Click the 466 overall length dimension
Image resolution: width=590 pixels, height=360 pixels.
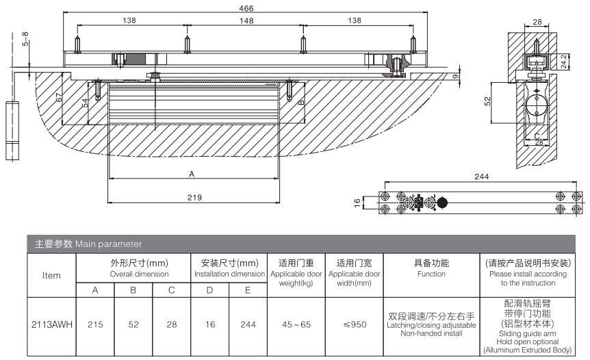(246, 8)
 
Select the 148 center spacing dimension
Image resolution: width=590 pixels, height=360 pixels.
(246, 21)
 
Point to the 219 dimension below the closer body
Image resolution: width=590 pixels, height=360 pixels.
(194, 197)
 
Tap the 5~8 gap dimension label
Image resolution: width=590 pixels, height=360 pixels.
(25, 39)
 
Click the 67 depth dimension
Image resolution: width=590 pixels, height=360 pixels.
(59, 97)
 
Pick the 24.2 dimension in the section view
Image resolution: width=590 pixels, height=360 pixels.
(563, 62)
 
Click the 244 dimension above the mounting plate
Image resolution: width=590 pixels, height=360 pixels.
(481, 177)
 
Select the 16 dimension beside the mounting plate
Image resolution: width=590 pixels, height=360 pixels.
(357, 203)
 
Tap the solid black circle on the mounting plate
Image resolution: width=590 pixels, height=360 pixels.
(441, 203)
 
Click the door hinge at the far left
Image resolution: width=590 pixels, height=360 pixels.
(12, 131)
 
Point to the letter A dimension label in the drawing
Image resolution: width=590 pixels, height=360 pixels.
(192, 174)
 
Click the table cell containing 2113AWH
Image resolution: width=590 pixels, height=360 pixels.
(51, 324)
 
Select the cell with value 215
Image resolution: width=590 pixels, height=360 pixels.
(95, 324)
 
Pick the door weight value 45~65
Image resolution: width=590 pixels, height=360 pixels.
(296, 324)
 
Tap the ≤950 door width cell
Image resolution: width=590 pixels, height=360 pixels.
(355, 324)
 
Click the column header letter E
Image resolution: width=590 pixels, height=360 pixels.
(248, 290)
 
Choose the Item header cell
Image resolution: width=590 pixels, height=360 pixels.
(51, 275)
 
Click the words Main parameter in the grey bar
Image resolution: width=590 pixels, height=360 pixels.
(108, 244)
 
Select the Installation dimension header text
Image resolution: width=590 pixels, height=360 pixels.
(229, 274)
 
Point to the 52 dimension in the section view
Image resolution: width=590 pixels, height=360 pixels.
(487, 101)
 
